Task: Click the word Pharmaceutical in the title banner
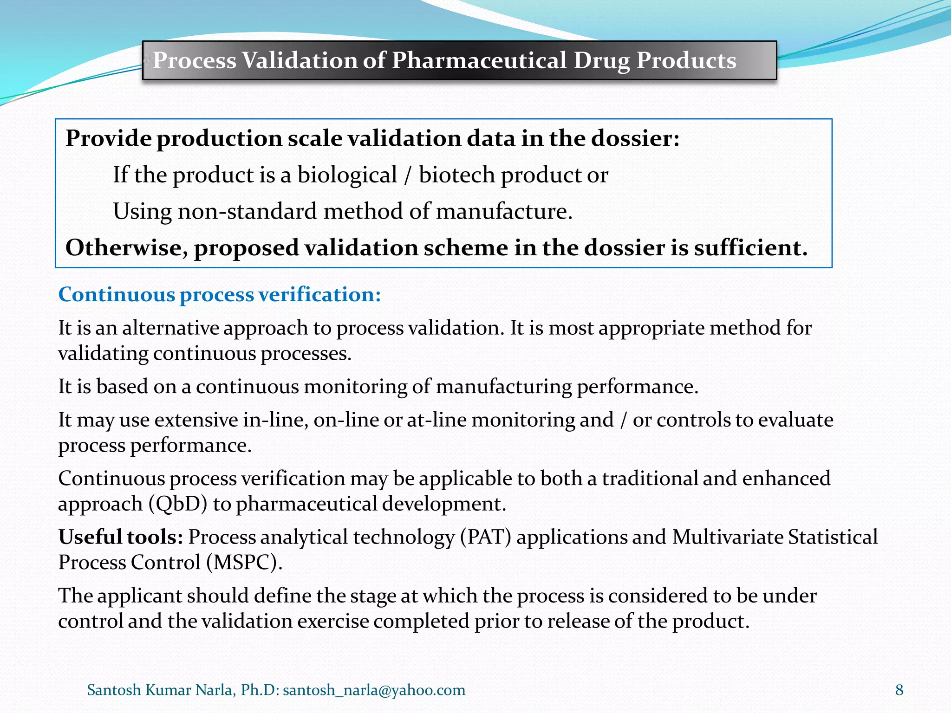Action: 479,60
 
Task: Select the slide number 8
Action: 899,690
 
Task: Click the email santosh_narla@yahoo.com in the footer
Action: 374,690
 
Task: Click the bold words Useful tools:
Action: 120,537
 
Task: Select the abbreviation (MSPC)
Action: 244,563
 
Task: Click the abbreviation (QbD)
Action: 178,504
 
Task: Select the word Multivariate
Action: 727,537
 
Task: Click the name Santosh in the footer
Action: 114,690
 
